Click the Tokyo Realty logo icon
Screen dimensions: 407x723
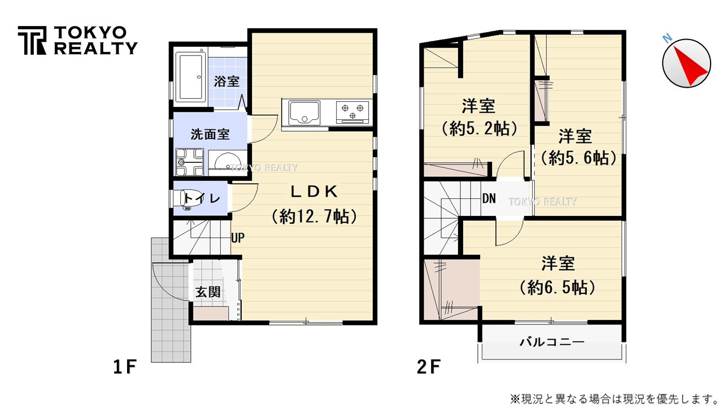[x=32, y=40]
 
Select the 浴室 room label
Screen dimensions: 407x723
[x=227, y=81]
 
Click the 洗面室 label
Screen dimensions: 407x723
[x=210, y=135]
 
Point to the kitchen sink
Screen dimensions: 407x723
[x=304, y=112]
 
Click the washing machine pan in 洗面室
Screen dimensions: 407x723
[x=189, y=162]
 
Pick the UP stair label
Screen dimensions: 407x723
[x=238, y=238]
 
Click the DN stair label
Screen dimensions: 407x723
[x=489, y=198]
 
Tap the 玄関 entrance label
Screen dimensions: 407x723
[x=208, y=292]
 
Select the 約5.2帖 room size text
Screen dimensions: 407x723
[x=479, y=129]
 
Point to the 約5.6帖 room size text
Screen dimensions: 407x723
[x=578, y=159]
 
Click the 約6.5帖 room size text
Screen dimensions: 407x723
[x=558, y=288]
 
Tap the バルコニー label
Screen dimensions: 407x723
[x=551, y=342]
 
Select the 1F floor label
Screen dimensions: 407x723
[x=125, y=368]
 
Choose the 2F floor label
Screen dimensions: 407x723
[x=429, y=368]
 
